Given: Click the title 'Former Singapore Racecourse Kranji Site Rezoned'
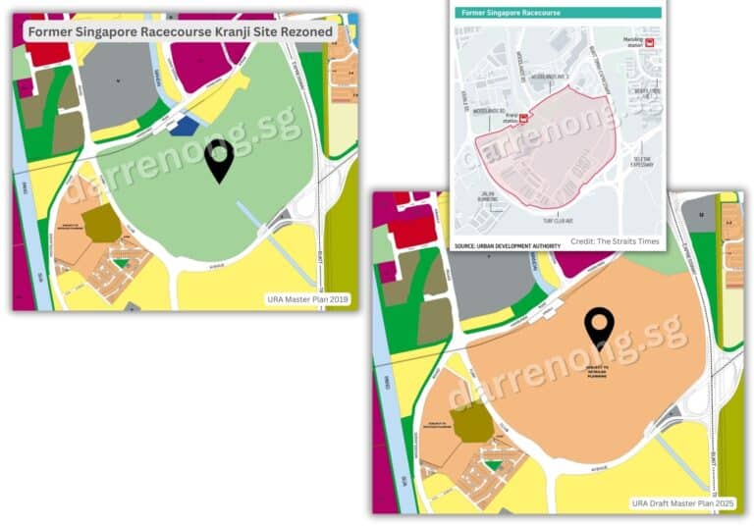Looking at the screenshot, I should tap(180, 31).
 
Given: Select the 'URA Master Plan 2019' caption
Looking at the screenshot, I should tap(308, 299).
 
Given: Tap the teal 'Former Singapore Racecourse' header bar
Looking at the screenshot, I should tap(557, 13).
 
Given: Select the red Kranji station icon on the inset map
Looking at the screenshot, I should tap(523, 118).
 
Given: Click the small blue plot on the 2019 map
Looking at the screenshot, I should tap(183, 125).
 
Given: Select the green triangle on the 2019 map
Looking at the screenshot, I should tap(120, 263).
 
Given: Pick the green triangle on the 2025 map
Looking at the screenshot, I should tap(493, 465).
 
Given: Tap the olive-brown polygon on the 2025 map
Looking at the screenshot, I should tap(472, 421).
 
